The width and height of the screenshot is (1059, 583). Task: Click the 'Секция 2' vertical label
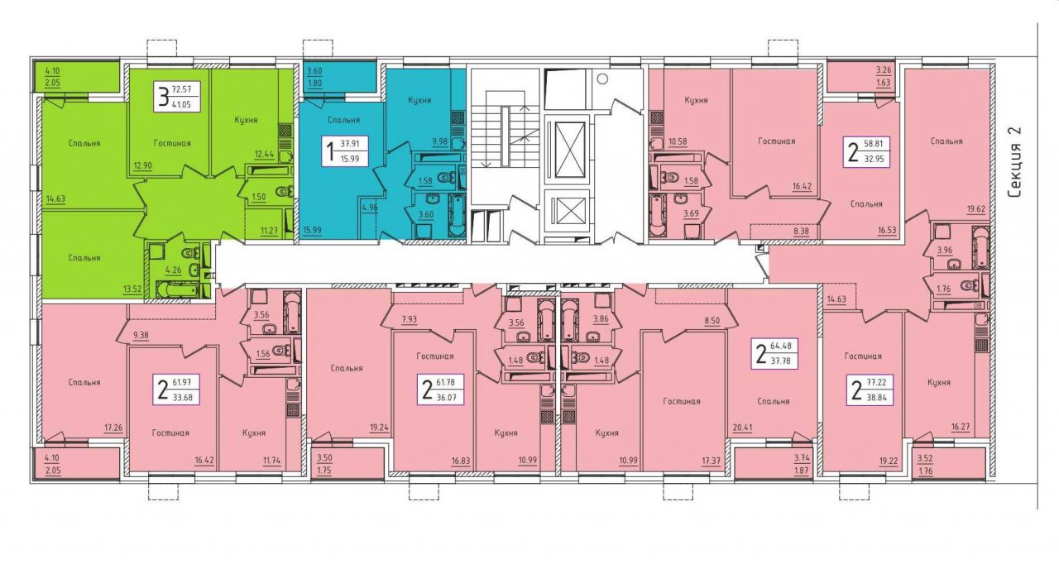[x=1014, y=162]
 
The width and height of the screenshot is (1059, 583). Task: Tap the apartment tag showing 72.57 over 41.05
[x=177, y=96]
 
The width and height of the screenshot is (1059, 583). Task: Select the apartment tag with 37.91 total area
[x=345, y=151]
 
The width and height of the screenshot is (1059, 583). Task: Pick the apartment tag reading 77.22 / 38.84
[x=870, y=390]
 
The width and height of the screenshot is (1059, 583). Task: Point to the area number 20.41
[x=742, y=428]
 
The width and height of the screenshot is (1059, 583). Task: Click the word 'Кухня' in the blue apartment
[x=419, y=100]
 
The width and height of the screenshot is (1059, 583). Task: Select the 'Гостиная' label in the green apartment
[x=172, y=143]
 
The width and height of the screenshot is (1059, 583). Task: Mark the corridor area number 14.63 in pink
[x=836, y=299]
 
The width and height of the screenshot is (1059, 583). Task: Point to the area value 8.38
[x=802, y=231]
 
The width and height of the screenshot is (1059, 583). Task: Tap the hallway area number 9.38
[x=141, y=335]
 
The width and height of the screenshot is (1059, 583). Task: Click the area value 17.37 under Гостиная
[x=711, y=461]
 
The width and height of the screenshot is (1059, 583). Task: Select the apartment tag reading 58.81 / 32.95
[x=866, y=152]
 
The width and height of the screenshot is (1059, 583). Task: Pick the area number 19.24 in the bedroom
[x=379, y=428]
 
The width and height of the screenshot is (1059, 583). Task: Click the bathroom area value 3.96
[x=945, y=251]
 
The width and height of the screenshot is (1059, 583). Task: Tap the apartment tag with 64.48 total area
[x=774, y=354]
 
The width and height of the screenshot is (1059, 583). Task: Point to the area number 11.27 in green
[x=269, y=231]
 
